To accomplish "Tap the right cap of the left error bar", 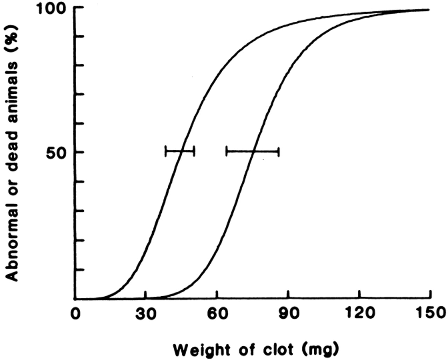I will (194, 151).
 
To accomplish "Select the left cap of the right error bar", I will (227, 151).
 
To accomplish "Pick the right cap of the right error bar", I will (279, 151).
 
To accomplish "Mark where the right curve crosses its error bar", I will (253, 151).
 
